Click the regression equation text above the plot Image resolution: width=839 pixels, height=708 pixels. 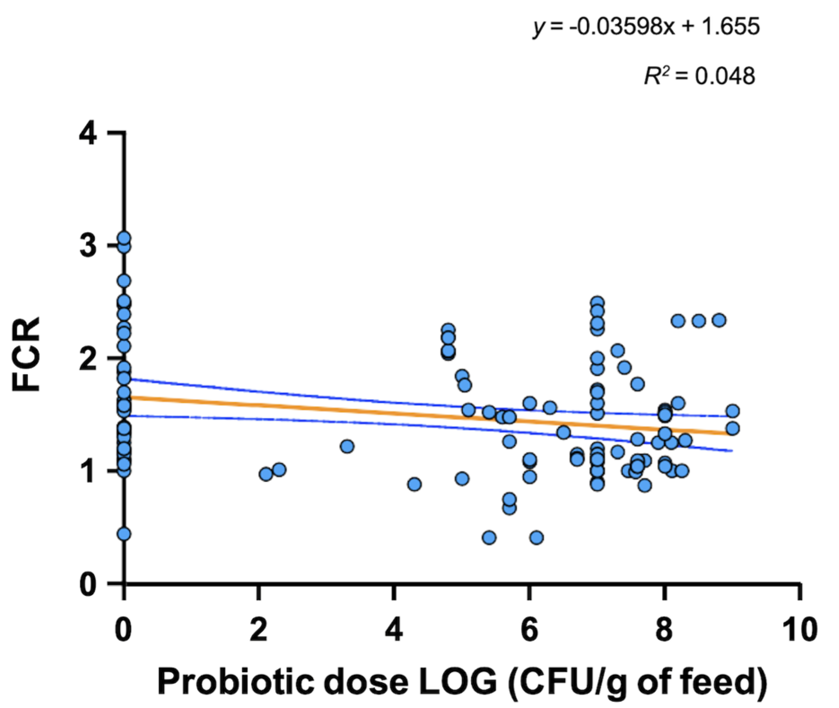pyautogui.click(x=646, y=28)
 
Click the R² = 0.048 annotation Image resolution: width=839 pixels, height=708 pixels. pyautogui.click(x=699, y=76)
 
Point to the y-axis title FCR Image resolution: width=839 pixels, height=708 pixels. pyautogui.click(x=27, y=354)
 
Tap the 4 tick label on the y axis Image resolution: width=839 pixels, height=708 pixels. pyautogui.click(x=87, y=134)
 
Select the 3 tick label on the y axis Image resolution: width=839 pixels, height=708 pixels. pyautogui.click(x=87, y=246)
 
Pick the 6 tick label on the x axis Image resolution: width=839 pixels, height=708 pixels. pyautogui.click(x=529, y=630)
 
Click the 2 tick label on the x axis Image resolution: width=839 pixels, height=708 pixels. pyautogui.click(x=259, y=630)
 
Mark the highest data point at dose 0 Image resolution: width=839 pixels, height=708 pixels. pyautogui.click(x=124, y=238)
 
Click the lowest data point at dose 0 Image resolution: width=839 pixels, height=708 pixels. pyautogui.click(x=124, y=534)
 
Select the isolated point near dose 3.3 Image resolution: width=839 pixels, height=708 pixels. pyautogui.click(x=347, y=446)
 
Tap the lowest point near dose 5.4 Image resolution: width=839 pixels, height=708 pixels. pyautogui.click(x=489, y=538)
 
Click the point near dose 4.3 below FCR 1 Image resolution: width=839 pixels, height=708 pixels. pyautogui.click(x=414, y=485)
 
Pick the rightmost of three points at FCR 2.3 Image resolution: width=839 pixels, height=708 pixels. pyautogui.click(x=719, y=320)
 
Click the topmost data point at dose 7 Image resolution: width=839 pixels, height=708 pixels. pyautogui.click(x=597, y=302)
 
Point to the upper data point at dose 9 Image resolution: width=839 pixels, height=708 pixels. pyautogui.click(x=733, y=411)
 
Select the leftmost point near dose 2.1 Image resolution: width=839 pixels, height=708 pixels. pyautogui.click(x=265, y=474)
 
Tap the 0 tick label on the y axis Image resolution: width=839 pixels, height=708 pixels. pyautogui.click(x=87, y=583)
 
